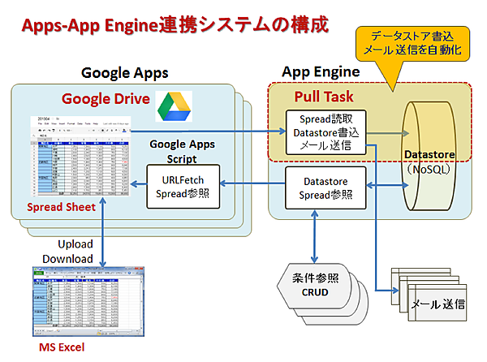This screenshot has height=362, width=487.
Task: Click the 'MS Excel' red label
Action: (x=62, y=348)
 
